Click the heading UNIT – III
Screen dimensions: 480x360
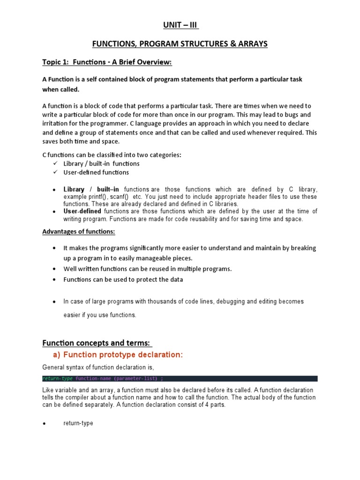pyautogui.click(x=180, y=26)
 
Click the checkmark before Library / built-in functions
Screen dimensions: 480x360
pyautogui.click(x=54, y=164)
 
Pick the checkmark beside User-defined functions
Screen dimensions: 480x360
pyautogui.click(x=54, y=172)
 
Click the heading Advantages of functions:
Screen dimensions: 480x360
pyautogui.click(x=79, y=232)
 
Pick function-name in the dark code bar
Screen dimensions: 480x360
pyautogui.click(x=93, y=378)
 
